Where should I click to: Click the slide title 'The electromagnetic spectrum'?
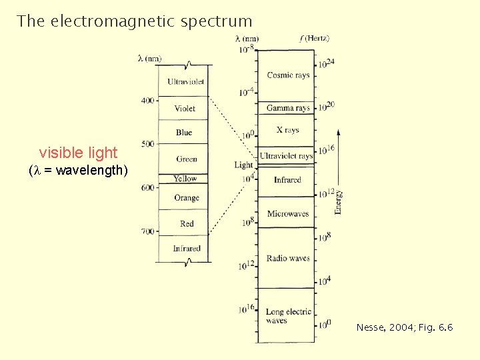tap(135, 21)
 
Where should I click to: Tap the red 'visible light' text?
tap(78, 153)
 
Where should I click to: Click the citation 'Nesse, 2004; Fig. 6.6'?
tap(405, 327)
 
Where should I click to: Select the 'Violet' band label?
tap(185, 108)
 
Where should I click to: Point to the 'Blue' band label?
tap(184, 133)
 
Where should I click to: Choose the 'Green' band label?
tap(187, 159)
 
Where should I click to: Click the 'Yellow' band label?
tap(185, 179)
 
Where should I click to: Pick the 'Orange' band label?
tap(187, 198)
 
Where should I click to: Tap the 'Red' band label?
tap(187, 224)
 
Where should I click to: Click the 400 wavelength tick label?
tap(147, 101)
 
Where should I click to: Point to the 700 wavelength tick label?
tap(147, 231)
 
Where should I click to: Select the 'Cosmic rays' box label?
tap(288, 75)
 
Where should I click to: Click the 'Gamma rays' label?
tap(288, 108)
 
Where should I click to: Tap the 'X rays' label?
tap(287, 131)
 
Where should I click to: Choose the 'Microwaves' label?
tap(288, 214)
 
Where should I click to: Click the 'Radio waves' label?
tap(288, 258)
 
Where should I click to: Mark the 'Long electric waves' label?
tap(288, 316)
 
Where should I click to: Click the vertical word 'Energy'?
tap(338, 201)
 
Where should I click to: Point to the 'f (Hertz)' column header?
tap(315, 39)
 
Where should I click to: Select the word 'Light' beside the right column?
tap(243, 165)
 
